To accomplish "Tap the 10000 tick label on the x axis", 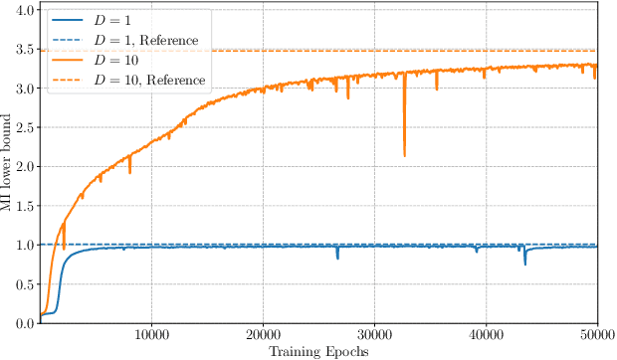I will coord(151,335).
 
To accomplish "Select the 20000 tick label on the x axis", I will coord(263,335).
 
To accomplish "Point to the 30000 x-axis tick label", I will coord(374,335).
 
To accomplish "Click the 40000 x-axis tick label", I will coord(486,335).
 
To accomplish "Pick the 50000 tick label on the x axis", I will coord(595,335).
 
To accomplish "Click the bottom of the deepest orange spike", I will coord(404,155).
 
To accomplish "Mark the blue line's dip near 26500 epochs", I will coord(337,259).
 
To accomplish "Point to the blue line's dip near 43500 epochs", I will coord(525,264).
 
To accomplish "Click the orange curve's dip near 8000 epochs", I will coord(129,172).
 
